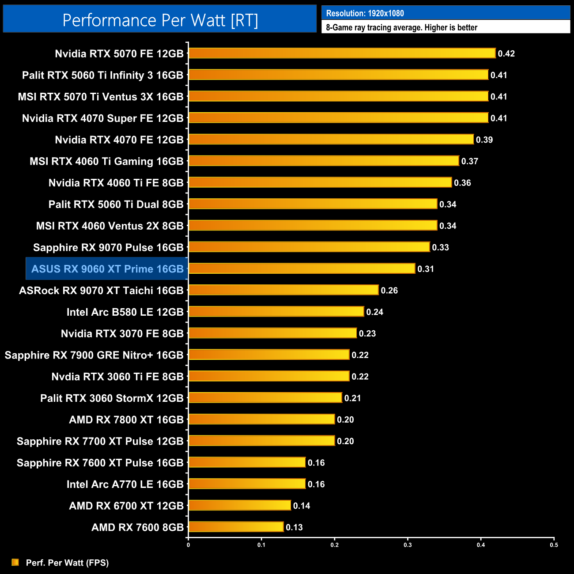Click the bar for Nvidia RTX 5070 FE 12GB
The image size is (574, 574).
click(342, 53)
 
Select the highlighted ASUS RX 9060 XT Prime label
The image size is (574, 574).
click(107, 269)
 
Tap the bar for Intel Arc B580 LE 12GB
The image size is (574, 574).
click(276, 312)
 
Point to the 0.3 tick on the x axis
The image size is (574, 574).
click(408, 545)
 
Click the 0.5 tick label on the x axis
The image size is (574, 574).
click(554, 545)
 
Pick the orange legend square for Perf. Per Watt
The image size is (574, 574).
click(15, 562)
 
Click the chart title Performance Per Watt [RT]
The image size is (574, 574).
click(160, 20)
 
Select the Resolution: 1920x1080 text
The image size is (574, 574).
click(365, 13)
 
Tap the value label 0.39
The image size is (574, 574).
click(484, 140)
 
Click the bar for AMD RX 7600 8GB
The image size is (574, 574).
click(236, 527)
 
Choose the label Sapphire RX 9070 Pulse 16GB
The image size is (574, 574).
click(108, 248)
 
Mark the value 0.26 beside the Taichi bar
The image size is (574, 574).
click(389, 291)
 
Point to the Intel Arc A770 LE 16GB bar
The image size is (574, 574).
click(247, 484)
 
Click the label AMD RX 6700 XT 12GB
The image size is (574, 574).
click(126, 506)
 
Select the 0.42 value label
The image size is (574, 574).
click(506, 54)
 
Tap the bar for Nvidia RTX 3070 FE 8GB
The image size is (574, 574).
click(273, 333)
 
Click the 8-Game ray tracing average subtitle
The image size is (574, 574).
click(401, 28)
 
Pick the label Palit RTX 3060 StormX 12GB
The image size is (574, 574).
click(112, 398)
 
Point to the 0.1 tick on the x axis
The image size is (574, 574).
click(261, 545)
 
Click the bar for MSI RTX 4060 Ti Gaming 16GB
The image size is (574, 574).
click(324, 161)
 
